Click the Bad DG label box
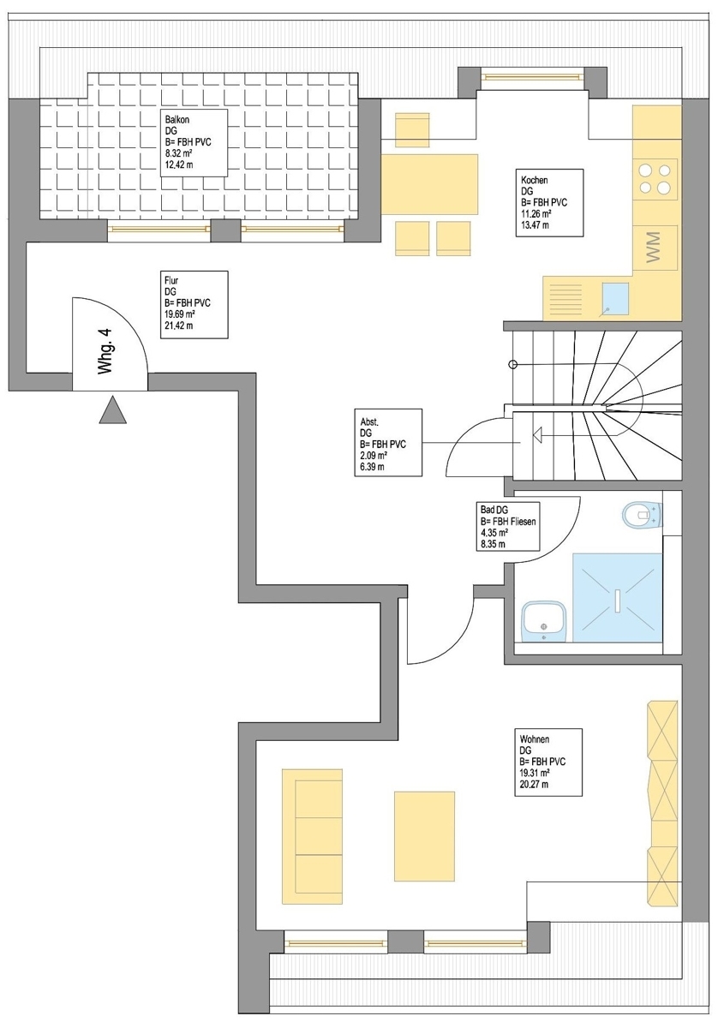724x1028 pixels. point(509,525)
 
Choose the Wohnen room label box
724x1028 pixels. point(550,761)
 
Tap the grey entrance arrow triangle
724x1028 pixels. point(113,411)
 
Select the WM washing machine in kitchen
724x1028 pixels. point(655,249)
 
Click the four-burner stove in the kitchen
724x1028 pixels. point(655,178)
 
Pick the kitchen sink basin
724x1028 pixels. point(614,296)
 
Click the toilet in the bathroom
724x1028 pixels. point(641,515)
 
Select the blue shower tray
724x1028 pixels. point(617,597)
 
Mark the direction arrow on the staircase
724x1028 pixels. point(537,436)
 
